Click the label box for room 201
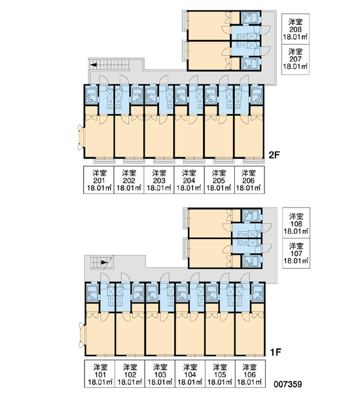(x=99, y=179)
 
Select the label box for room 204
(x=189, y=179)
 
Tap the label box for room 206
(x=249, y=179)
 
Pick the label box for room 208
(x=295, y=29)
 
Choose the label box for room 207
(x=295, y=60)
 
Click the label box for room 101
(x=99, y=374)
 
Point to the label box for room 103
(x=160, y=374)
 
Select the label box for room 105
(x=220, y=374)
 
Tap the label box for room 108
(x=296, y=223)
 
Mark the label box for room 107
(x=296, y=253)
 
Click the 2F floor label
(x=274, y=155)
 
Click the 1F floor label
(x=276, y=352)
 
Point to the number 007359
(x=287, y=384)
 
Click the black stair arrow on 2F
(x=94, y=65)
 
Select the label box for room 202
(x=129, y=179)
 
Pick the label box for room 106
(x=250, y=374)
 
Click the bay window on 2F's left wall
(x=81, y=138)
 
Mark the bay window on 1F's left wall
(x=82, y=335)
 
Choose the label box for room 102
(x=130, y=374)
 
